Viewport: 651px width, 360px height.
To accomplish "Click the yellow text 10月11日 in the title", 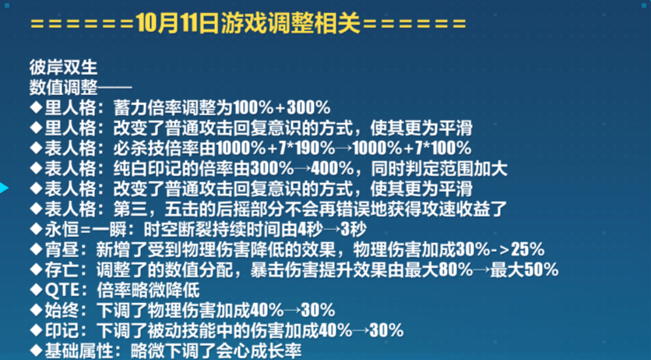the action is (178, 24).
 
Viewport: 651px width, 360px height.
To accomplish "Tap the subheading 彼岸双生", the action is (64, 67).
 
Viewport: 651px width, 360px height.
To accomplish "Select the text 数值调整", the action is (64, 87).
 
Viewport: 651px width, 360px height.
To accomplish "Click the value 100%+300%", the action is (282, 108).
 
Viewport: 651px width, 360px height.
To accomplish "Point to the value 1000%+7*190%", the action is (276, 148).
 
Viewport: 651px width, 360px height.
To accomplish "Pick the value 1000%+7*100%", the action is (412, 148).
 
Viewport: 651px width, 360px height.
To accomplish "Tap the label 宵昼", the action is (62, 250).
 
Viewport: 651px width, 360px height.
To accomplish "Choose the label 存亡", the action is (62, 270).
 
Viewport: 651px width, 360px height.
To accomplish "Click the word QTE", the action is (62, 290).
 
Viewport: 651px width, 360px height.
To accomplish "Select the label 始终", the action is (62, 311).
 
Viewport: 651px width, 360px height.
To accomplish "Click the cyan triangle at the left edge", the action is (4, 188).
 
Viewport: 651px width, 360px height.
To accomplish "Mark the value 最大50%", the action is (524, 270).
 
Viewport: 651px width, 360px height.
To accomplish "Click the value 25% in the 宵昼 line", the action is (528, 250).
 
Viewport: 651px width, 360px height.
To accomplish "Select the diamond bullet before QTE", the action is (37, 290).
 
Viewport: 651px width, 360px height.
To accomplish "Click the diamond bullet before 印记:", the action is (37, 331).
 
